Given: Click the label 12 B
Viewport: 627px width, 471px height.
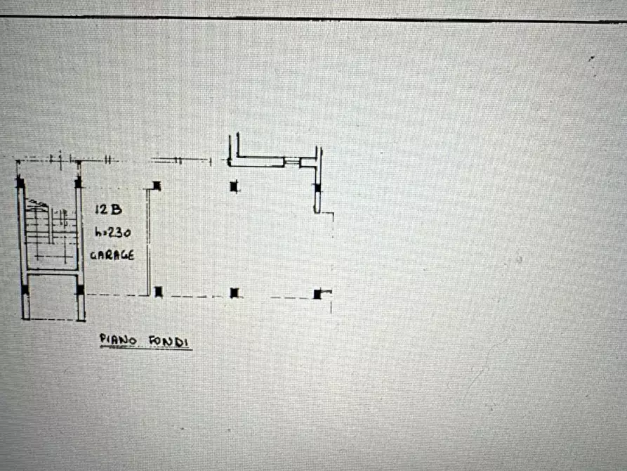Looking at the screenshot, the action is click(108, 209).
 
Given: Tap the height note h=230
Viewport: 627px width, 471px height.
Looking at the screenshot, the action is click(113, 232).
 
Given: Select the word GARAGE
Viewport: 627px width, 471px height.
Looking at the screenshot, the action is click(112, 255).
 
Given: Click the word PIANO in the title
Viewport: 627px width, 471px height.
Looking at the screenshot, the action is click(118, 340).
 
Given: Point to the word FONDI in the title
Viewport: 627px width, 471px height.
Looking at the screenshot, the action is click(169, 342).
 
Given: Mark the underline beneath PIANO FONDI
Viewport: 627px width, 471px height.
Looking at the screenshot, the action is click(146, 348).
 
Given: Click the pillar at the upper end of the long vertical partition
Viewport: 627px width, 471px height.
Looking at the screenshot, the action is click(157, 186).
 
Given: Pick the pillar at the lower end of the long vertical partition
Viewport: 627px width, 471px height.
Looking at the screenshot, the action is click(159, 292).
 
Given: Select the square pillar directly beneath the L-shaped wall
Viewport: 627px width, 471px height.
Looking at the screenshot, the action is click(234, 186).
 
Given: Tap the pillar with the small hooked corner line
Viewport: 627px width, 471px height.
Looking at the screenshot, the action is click(317, 295).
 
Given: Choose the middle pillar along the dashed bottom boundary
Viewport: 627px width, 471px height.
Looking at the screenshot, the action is click(235, 292).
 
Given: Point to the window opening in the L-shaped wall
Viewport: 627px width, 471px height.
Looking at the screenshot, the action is click(292, 162).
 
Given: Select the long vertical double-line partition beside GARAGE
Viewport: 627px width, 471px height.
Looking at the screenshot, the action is click(148, 242).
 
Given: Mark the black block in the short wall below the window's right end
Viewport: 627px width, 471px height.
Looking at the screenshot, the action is click(317, 188).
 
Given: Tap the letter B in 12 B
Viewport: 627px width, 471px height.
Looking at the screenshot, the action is click(117, 209).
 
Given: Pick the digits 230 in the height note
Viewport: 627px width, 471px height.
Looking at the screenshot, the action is click(119, 232).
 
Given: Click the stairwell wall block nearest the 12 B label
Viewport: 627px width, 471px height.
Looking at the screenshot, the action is click(79, 183).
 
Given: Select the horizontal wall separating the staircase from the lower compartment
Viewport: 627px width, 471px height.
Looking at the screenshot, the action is click(51, 272).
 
